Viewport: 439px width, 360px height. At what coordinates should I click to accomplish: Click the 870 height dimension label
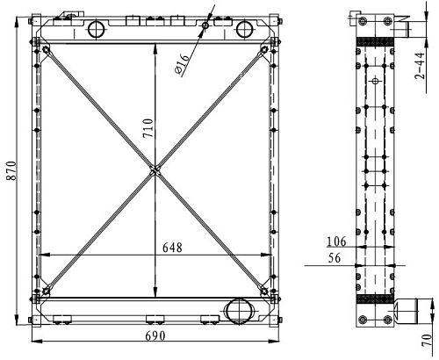point(11,170)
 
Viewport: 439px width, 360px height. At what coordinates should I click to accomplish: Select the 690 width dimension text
point(155,336)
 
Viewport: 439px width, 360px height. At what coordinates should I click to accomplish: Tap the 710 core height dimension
point(148,128)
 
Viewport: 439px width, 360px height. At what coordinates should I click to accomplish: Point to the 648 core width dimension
point(172,248)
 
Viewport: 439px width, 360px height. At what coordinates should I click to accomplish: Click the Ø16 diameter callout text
point(182,64)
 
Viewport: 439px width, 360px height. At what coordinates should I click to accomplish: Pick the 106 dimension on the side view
point(336,241)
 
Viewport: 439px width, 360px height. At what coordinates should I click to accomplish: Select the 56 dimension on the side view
point(335,258)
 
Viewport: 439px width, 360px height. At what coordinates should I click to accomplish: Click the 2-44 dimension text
point(420,66)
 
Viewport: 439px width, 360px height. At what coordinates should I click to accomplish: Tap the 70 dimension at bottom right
point(428,341)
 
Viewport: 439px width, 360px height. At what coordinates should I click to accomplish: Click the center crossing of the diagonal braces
point(155,170)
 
